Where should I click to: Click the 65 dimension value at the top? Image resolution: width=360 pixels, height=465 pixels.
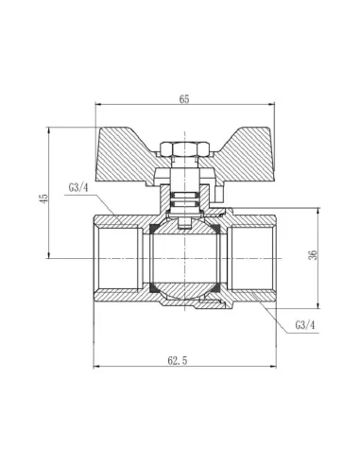coord(184,99)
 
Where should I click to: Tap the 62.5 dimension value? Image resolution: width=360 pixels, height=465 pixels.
coord(178,360)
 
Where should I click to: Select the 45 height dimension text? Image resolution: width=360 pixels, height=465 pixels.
coord(43,198)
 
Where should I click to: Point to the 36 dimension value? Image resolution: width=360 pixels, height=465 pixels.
coord(313,255)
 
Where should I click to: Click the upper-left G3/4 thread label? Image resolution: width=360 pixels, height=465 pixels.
coord(79,188)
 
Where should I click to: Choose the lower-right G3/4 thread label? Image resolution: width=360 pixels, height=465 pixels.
coord(305,325)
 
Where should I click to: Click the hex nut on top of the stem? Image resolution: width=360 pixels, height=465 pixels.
coord(184,149)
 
